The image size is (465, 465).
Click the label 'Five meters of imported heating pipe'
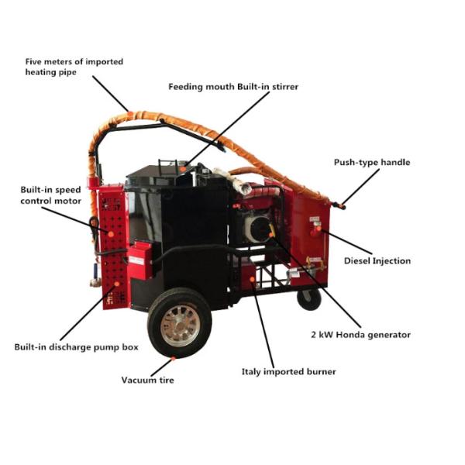(73, 67)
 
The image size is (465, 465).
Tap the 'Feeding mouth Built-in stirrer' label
(233, 86)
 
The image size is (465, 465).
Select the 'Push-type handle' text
(372, 163)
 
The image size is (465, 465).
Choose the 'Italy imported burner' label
(289, 372)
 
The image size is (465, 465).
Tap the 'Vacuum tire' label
(147, 380)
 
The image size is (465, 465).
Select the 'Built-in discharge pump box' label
(76, 347)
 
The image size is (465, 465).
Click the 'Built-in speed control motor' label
(50, 195)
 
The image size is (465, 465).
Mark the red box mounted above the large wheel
(140, 259)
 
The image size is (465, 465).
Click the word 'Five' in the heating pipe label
(34, 61)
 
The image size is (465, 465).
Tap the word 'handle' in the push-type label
(395, 163)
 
